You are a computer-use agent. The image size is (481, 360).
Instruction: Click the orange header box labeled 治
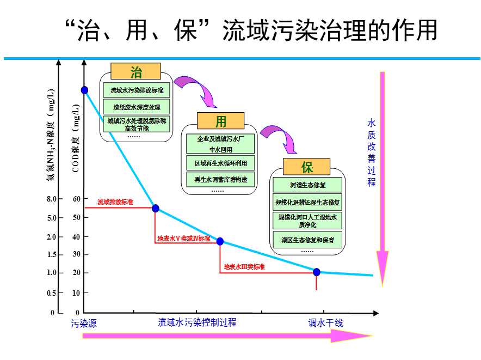135,71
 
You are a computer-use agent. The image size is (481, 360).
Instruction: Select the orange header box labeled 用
220,121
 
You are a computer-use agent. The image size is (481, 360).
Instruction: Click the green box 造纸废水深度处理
136,106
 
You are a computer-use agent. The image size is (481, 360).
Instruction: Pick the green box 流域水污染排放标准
136,90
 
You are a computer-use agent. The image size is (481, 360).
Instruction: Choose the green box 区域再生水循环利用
220,163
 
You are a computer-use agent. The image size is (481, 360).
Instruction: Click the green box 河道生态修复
307,185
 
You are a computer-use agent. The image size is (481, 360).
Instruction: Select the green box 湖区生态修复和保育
307,239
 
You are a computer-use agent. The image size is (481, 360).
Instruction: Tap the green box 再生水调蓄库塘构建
220,179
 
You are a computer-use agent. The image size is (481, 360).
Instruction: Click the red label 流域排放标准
115,202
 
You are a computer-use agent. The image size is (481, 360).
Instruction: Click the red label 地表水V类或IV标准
183,238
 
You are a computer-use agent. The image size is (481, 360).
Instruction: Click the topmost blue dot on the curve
84,90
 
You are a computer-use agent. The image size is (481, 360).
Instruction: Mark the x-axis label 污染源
84,323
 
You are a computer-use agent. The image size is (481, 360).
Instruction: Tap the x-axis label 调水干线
326,323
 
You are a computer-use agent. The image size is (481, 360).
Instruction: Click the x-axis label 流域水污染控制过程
197,322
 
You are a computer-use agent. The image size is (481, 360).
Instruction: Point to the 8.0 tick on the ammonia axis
52,199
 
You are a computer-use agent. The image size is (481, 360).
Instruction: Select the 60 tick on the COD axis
76,199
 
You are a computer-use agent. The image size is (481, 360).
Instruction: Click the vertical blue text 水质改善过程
372,153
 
